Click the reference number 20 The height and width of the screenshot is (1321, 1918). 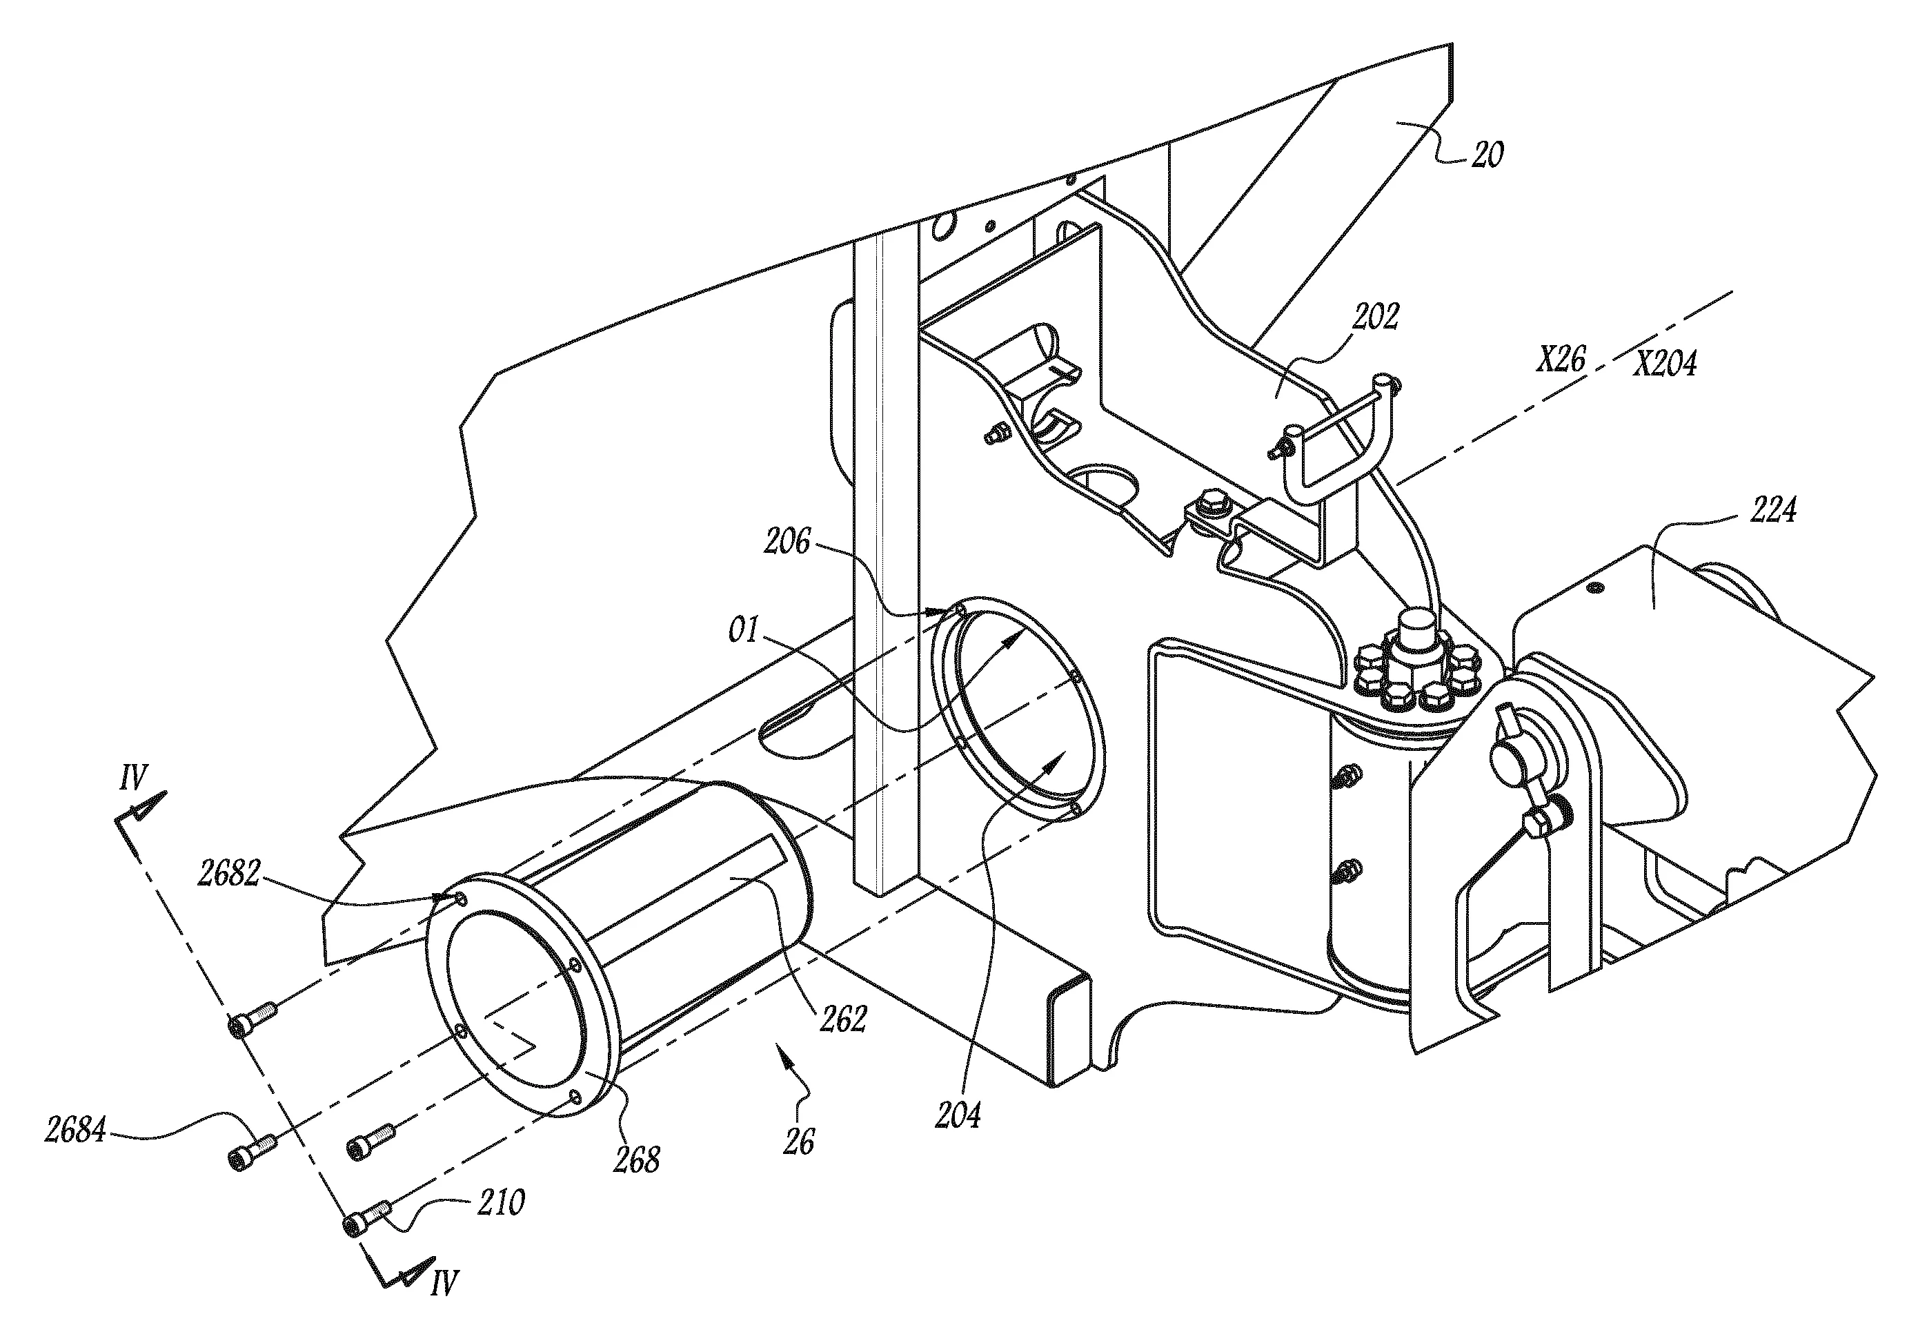coord(1487,155)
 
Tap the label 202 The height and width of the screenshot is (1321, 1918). coord(1375,316)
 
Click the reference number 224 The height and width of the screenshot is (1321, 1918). coord(1772,510)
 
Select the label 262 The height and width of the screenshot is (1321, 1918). coord(842,1019)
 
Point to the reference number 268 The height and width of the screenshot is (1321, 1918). coord(636,1159)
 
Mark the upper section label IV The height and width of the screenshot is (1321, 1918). coord(133,778)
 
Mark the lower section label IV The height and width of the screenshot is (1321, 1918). coord(444,1305)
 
